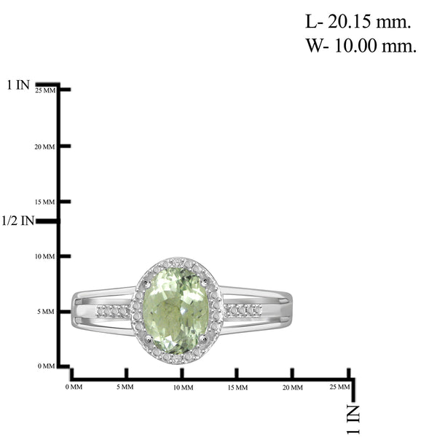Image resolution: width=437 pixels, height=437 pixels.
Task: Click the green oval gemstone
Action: click(176, 310)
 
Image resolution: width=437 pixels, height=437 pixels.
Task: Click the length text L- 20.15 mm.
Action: click(358, 21)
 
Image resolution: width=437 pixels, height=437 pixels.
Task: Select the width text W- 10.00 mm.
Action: click(361, 45)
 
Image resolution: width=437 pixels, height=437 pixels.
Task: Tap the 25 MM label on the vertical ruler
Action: click(45, 90)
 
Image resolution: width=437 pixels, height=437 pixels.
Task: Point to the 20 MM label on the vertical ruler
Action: click(45, 147)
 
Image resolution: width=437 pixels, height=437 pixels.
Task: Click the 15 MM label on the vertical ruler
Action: click(45, 202)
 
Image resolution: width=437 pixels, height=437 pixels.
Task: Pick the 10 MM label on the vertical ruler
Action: click(45, 256)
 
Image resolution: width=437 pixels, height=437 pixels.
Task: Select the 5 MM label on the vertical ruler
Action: click(46, 312)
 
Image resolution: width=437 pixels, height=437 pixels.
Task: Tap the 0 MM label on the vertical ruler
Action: click(47, 366)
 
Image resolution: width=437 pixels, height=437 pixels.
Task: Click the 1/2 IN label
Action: click(17, 221)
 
